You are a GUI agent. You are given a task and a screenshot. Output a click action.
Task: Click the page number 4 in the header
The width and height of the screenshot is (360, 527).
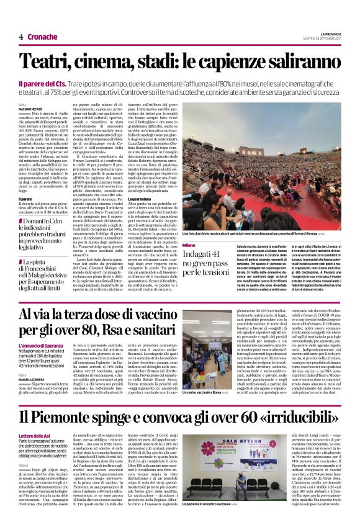(21, 37)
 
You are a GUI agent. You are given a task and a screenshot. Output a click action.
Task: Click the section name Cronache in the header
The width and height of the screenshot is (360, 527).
(41, 37)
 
